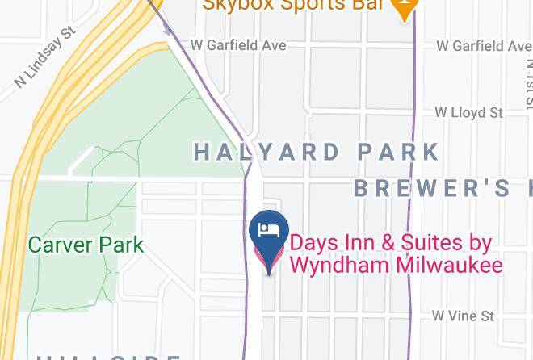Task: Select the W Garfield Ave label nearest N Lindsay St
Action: click(237, 45)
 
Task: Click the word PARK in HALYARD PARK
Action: click(397, 151)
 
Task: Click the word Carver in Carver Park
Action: click(59, 244)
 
